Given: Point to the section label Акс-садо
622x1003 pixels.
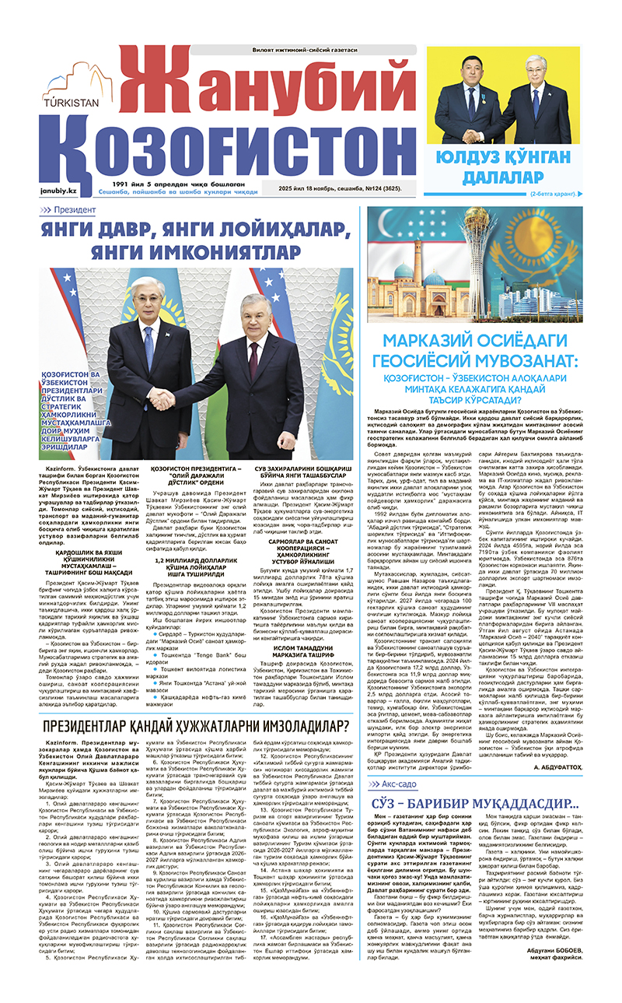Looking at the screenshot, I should (397, 479).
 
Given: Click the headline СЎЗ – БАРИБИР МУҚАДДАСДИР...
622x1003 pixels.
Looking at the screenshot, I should (473, 498).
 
